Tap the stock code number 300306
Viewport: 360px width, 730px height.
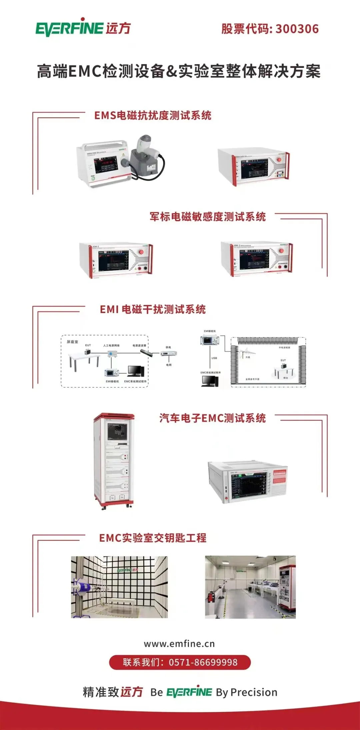coord(297,29)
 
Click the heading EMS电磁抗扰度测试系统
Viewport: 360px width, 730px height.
coord(153,116)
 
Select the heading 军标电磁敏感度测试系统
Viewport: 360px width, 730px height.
coord(207,217)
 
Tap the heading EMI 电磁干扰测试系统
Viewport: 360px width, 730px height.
coord(153,310)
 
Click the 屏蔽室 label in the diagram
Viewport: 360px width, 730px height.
coord(72,342)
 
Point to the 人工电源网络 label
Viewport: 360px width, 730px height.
coord(111,346)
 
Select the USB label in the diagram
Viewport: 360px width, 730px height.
coord(214,358)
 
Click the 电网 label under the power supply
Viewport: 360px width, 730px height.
coord(169,365)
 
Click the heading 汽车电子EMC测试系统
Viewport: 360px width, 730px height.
coord(212,418)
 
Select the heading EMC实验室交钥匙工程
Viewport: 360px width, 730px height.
coord(153,538)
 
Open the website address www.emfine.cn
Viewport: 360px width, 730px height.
coord(179,644)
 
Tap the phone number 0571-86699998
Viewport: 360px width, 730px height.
coord(203,662)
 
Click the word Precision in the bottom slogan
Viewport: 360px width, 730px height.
coord(254,692)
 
